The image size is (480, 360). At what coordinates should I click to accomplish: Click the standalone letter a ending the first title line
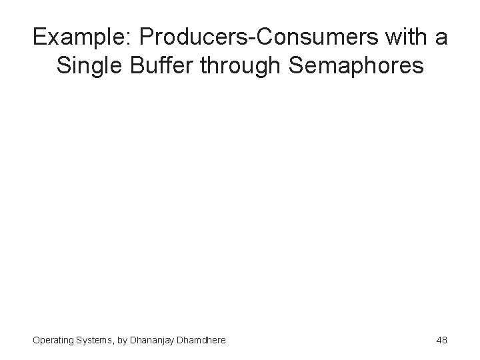tap(441, 38)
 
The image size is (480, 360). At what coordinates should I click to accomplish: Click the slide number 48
tap(441, 340)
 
